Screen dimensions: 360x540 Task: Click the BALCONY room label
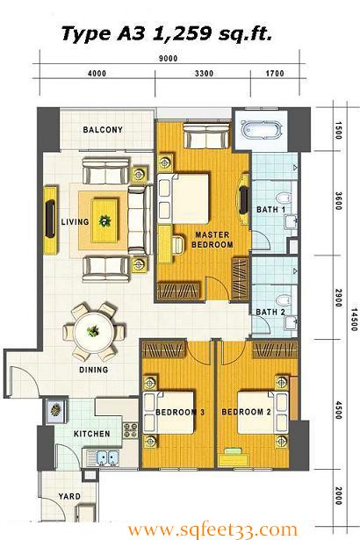[103, 130]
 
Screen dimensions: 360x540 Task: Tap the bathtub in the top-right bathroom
[263, 131]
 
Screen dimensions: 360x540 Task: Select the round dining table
[94, 332]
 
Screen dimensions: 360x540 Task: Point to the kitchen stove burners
[131, 430]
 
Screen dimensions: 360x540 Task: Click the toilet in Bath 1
[284, 199]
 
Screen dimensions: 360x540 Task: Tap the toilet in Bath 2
[284, 300]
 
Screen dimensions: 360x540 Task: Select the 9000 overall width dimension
[168, 58]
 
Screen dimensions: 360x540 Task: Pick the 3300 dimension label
[204, 74]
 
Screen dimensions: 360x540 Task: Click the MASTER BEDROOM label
[212, 240]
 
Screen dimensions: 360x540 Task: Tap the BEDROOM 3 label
[180, 412]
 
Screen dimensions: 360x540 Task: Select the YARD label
[69, 496]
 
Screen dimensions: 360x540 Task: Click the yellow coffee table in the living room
[104, 220]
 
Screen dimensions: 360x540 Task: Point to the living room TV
[50, 219]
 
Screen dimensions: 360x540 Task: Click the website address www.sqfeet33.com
[212, 529]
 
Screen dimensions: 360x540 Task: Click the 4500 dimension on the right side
[338, 410]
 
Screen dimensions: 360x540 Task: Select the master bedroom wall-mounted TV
[244, 199]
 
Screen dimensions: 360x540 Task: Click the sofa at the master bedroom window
[206, 135]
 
